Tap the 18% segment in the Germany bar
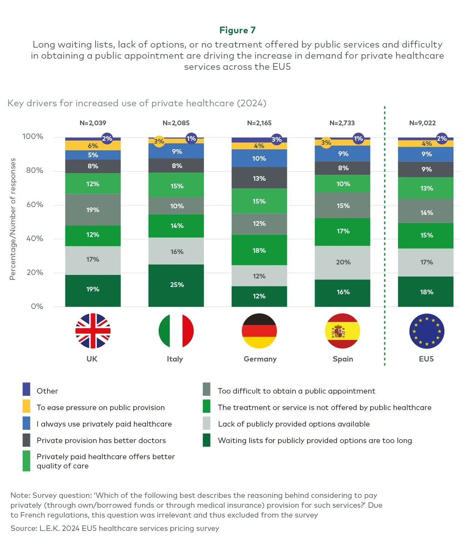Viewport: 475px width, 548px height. (259, 250)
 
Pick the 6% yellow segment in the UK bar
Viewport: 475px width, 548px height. (92, 146)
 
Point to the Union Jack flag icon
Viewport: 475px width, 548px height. (93, 331)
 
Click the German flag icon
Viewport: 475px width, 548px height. (259, 331)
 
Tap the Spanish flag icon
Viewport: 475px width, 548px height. (342, 331)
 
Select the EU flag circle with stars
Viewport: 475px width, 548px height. (426, 331)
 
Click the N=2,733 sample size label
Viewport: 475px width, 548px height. (342, 123)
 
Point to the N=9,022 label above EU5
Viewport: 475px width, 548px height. (422, 123)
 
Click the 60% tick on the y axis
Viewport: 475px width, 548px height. (35, 204)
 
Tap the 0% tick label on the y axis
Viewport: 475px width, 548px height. (37, 306)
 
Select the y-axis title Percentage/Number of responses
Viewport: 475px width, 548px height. (13, 219)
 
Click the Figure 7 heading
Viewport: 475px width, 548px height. (237, 30)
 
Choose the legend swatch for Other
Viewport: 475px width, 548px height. (26, 389)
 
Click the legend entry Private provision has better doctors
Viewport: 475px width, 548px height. (101, 440)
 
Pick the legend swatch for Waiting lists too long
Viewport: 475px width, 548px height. (206, 440)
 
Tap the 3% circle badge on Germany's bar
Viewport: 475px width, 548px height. (277, 139)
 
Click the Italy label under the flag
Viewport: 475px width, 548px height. (175, 359)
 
